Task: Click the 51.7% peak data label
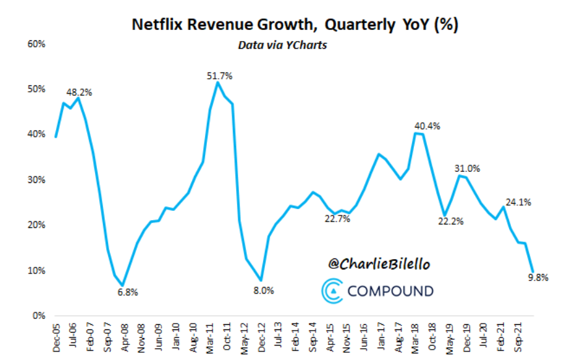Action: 219,76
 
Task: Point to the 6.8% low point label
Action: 128,292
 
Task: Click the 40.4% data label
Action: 428,126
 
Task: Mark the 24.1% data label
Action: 519,202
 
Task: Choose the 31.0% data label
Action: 467,169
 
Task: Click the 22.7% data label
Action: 338,219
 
